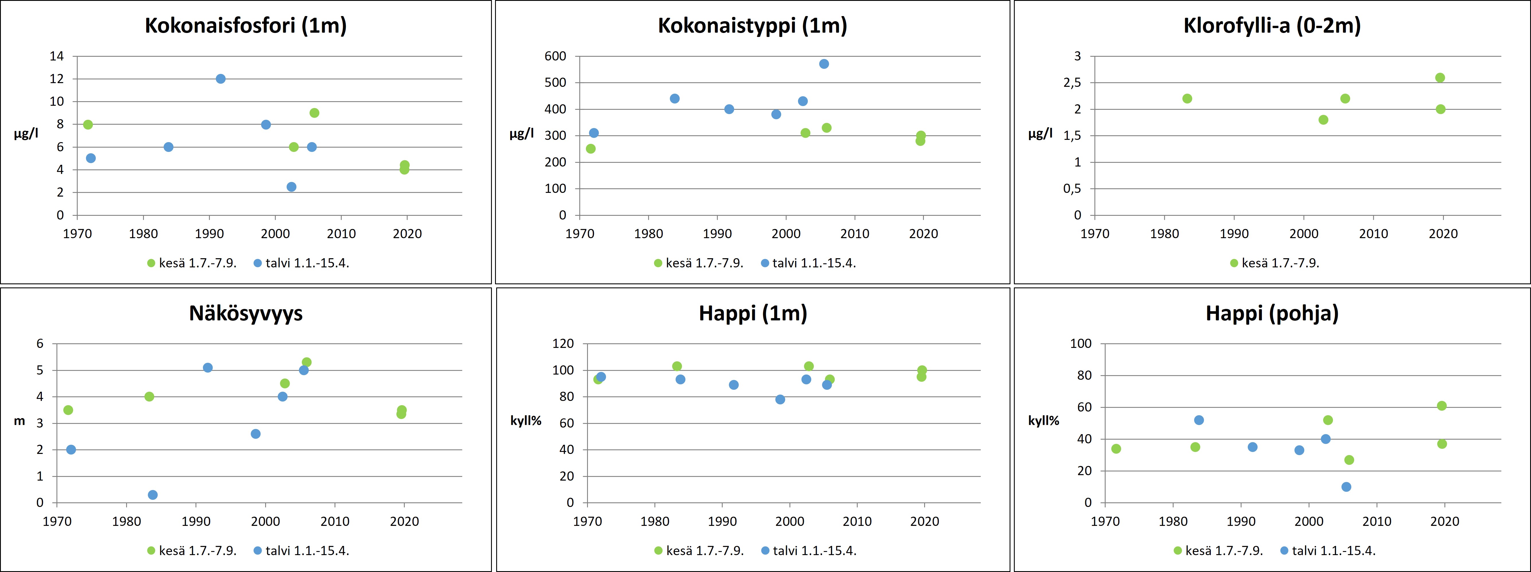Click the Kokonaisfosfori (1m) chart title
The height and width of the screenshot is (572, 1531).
(x=245, y=26)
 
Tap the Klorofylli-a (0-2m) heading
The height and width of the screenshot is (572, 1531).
(x=1272, y=26)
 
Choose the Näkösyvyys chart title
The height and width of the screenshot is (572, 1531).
(x=245, y=313)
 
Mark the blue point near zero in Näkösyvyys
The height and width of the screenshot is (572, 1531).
(x=153, y=495)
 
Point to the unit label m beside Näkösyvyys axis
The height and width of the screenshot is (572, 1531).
(x=19, y=421)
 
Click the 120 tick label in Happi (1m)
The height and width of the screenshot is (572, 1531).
(x=563, y=343)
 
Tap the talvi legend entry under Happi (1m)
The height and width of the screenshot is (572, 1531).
(x=808, y=551)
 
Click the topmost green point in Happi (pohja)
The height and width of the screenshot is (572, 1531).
(x=1441, y=406)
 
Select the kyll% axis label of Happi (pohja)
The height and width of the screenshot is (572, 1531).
(x=1044, y=421)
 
